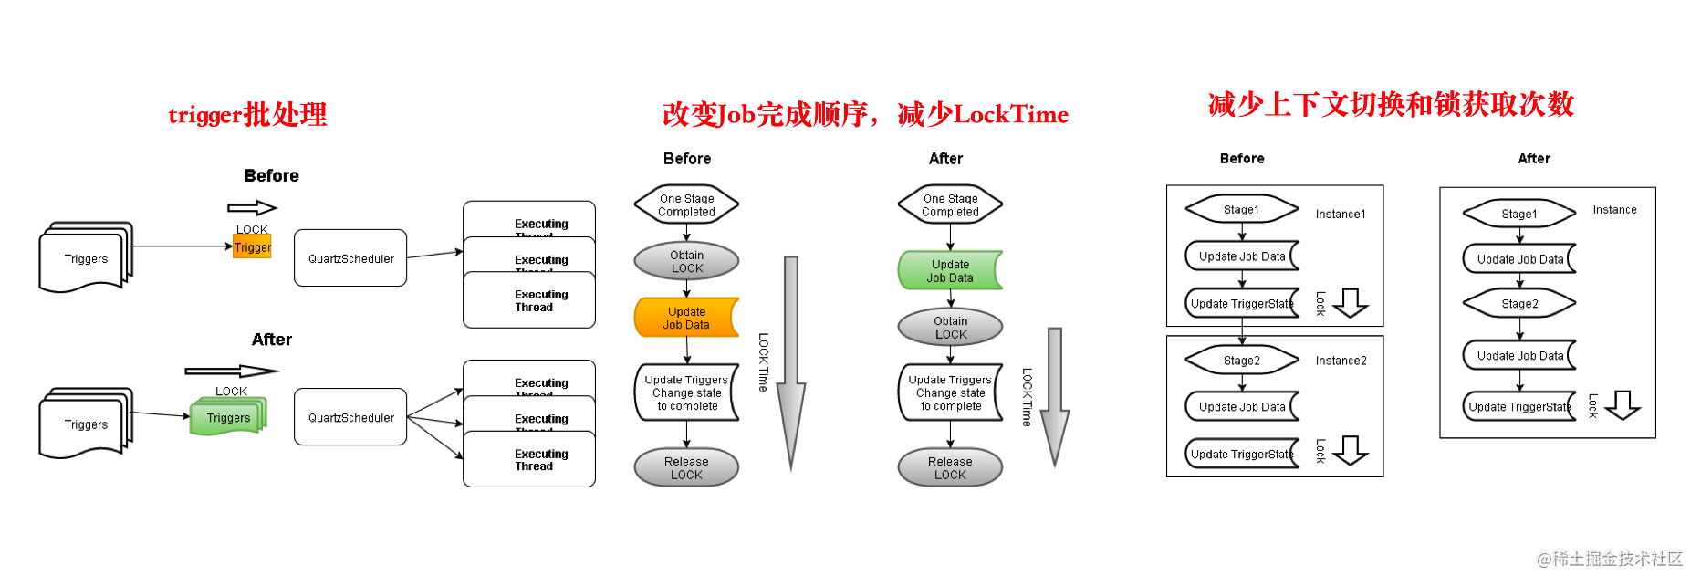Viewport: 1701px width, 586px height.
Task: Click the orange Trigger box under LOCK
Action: coord(252,247)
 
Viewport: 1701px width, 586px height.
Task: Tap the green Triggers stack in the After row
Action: coord(228,417)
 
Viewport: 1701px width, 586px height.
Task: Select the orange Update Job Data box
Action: coord(686,318)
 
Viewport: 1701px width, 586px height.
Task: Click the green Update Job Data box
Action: coord(950,270)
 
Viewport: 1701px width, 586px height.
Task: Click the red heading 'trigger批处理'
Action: coord(247,115)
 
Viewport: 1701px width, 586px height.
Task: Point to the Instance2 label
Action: coord(1341,361)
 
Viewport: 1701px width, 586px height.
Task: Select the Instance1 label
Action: coord(1340,215)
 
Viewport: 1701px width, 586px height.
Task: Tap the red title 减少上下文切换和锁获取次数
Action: coord(1391,104)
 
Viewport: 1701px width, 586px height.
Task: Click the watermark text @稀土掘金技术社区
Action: coord(1610,559)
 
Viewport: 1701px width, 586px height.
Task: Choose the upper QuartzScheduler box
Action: coord(350,258)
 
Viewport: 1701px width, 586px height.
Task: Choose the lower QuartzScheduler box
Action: coord(350,417)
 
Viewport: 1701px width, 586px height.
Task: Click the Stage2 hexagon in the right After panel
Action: coord(1519,304)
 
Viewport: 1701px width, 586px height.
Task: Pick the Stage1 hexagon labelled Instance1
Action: coord(1241,210)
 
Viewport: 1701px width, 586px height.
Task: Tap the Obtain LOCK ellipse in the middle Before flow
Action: coord(686,261)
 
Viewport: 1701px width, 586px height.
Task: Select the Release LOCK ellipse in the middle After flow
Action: coord(950,467)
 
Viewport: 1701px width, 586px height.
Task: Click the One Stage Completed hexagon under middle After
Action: coord(950,204)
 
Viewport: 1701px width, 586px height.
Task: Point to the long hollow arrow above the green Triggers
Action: coord(232,371)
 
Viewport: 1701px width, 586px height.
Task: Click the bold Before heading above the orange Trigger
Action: coord(271,175)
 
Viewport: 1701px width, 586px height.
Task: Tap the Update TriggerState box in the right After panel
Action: coord(1518,407)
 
